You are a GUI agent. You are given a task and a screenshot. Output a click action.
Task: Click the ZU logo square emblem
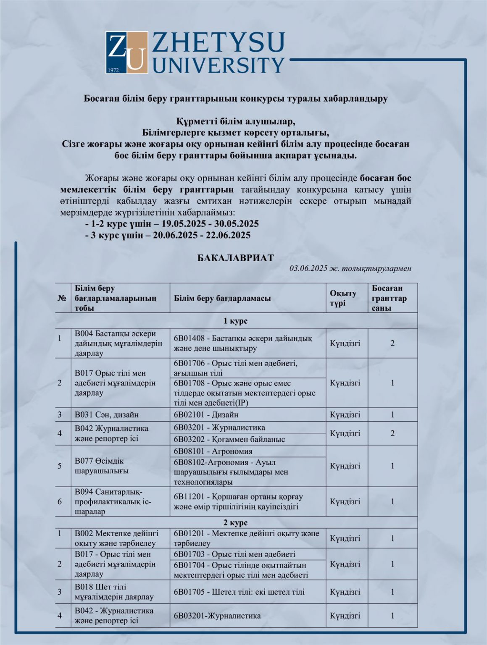(127, 52)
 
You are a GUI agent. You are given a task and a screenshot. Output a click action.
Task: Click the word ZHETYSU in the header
(218, 42)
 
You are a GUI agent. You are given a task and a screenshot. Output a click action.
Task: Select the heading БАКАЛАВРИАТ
(235, 258)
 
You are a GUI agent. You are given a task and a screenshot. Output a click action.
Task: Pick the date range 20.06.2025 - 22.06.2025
(202, 235)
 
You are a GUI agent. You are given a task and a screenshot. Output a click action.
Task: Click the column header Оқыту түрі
(343, 298)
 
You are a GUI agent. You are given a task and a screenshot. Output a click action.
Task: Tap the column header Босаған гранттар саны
(390, 298)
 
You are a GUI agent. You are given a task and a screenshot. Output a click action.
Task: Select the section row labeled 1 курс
(235, 321)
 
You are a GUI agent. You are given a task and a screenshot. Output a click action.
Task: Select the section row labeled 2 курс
(235, 523)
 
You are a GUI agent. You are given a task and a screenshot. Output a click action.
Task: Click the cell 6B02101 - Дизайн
(206, 414)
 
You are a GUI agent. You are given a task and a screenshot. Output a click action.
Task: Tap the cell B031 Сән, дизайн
(107, 414)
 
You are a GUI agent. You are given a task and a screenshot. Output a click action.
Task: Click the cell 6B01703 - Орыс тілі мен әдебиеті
(234, 554)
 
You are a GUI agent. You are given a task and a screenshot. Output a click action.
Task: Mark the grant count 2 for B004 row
(392, 343)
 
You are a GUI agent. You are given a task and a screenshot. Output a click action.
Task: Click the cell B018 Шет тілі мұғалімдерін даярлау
(114, 592)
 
